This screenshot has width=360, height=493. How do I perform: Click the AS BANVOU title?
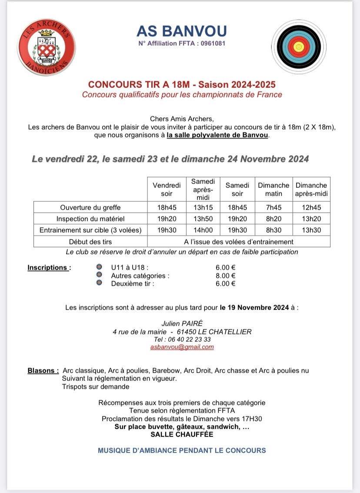(x=181, y=31)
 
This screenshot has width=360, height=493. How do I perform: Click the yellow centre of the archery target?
(x=298, y=46)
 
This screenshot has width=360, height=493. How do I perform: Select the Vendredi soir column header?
(x=167, y=189)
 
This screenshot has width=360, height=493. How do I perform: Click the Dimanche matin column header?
(x=273, y=189)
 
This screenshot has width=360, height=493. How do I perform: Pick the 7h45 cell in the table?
(x=273, y=207)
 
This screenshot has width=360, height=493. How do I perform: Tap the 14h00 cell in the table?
(x=203, y=230)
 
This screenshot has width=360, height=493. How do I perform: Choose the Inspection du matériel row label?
(x=90, y=219)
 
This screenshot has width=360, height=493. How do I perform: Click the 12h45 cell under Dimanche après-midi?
(x=311, y=207)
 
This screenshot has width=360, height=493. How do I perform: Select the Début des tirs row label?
(x=90, y=241)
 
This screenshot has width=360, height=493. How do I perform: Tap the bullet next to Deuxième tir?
(x=99, y=283)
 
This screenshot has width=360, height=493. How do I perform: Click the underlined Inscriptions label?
(x=48, y=267)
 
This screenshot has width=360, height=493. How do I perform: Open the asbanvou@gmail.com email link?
(x=182, y=346)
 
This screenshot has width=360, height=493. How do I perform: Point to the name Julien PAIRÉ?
(x=182, y=323)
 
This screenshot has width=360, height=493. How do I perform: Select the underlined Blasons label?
(x=43, y=371)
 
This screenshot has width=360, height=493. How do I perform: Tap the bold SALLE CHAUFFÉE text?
(x=182, y=434)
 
